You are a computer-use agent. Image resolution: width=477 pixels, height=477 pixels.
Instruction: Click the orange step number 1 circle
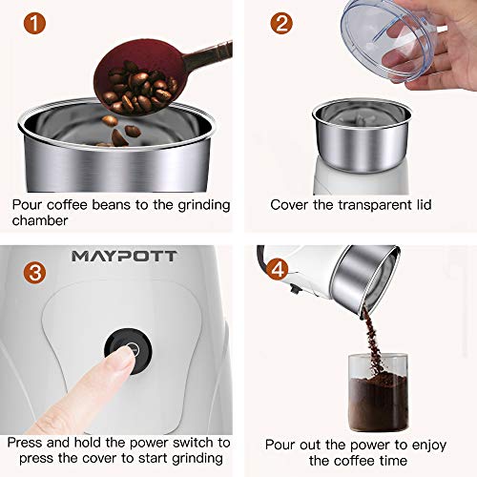coord(32,25)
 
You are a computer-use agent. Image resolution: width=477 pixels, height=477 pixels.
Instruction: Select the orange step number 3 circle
coord(33,272)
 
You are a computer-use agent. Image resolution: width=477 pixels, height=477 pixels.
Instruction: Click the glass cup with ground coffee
coord(376,391)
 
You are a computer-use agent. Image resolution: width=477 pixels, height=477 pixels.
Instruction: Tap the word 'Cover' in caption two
coord(291,204)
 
